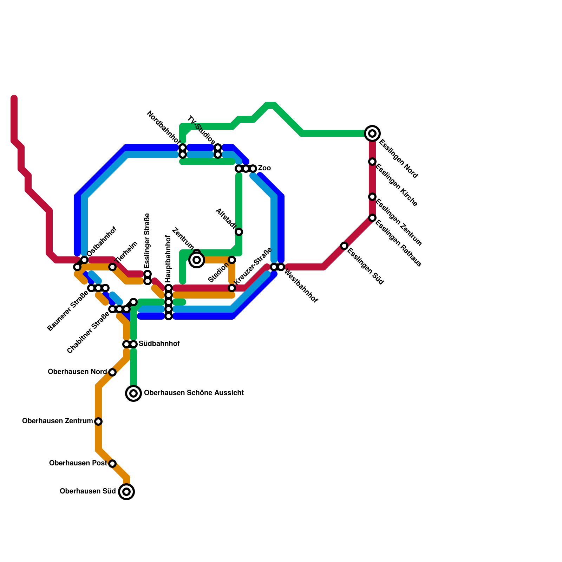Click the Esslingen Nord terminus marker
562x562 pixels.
[x=372, y=133]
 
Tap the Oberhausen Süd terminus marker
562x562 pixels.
[x=126, y=491]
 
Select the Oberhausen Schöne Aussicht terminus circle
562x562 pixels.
[x=133, y=393]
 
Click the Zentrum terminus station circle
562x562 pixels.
[x=197, y=260]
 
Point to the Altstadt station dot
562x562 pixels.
[x=239, y=232]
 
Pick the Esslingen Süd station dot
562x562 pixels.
[x=344, y=246]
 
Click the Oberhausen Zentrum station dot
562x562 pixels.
[x=98, y=421]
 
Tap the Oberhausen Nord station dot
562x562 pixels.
[x=112, y=372]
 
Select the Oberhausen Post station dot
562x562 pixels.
[x=112, y=463]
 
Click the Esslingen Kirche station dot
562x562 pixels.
[x=372, y=162]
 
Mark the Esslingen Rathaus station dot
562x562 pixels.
[x=372, y=218]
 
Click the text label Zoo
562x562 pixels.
[x=264, y=168]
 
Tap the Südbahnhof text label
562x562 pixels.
[x=159, y=344]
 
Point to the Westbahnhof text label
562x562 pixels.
[x=301, y=286]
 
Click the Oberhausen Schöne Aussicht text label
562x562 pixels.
[x=194, y=393]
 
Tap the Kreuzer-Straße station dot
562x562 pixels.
[x=232, y=288]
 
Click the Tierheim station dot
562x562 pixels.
[x=112, y=267]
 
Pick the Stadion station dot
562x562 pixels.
[x=232, y=260]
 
